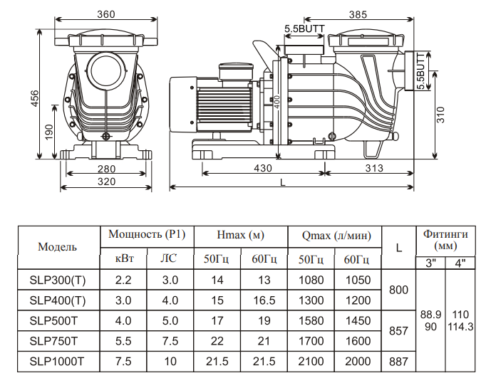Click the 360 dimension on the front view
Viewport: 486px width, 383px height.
pyautogui.click(x=106, y=14)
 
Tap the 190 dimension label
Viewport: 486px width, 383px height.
pyautogui.click(x=49, y=132)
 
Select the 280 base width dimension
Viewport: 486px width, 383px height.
pyautogui.click(x=106, y=169)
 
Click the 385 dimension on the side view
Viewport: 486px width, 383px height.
pyautogui.click(x=358, y=14)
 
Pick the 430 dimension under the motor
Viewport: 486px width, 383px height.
pyautogui.click(x=263, y=168)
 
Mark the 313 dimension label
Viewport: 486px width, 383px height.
pyautogui.click(x=374, y=168)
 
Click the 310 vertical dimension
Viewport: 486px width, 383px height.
pyautogui.click(x=440, y=115)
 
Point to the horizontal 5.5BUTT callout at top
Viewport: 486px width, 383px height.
pyautogui.click(x=305, y=28)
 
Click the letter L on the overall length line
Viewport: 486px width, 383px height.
pyautogui.click(x=282, y=182)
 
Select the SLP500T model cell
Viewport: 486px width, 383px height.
pyautogui.click(x=53, y=321)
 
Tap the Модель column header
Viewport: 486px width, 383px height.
pyautogui.click(x=57, y=247)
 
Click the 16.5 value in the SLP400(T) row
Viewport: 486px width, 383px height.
pyautogui.click(x=264, y=300)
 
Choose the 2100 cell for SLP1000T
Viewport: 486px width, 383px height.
pyautogui.click(x=311, y=362)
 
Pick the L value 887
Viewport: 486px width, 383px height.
pyautogui.click(x=398, y=362)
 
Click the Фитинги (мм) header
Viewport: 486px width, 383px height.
pyautogui.click(x=445, y=240)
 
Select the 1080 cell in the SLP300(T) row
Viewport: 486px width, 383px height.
pyautogui.click(x=311, y=280)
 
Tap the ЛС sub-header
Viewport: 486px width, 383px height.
pyautogui.click(x=169, y=258)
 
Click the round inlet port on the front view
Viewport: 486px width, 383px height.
pyautogui.click(x=106, y=70)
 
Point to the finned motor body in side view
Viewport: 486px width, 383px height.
pyautogui.click(x=224, y=104)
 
